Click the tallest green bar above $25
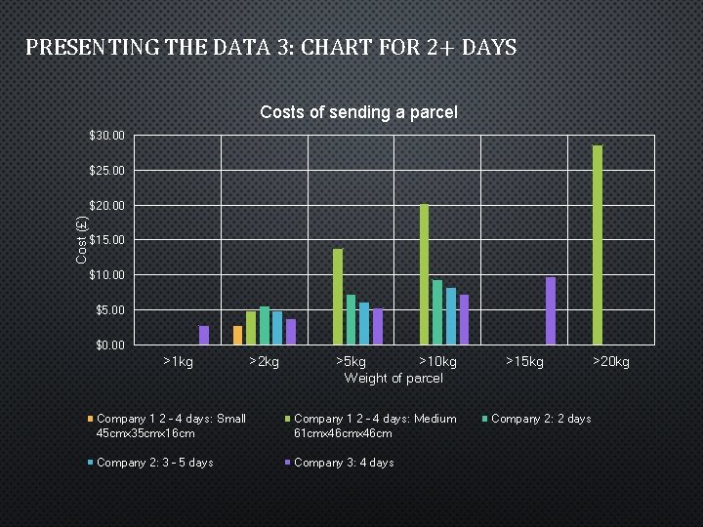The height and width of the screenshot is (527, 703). pyautogui.click(x=597, y=244)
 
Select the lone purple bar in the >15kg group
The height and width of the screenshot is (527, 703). pyautogui.click(x=551, y=310)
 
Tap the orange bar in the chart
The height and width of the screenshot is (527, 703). pyautogui.click(x=237, y=335)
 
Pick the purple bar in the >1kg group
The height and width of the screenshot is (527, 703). pyautogui.click(x=204, y=335)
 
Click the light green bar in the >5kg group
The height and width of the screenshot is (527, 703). pyautogui.click(x=338, y=297)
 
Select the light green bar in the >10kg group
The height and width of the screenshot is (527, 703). pyautogui.click(x=424, y=274)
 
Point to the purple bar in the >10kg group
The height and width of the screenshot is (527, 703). pyautogui.click(x=465, y=319)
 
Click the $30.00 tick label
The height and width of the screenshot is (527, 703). pyautogui.click(x=106, y=136)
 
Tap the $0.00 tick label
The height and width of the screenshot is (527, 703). pyautogui.click(x=109, y=345)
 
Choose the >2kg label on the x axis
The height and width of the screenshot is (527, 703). pyautogui.click(x=264, y=362)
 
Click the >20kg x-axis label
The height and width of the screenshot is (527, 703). pyautogui.click(x=612, y=362)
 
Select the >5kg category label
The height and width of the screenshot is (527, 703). pyautogui.click(x=351, y=362)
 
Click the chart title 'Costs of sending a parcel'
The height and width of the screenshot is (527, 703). pyautogui.click(x=358, y=112)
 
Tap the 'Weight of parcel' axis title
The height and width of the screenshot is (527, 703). pyautogui.click(x=393, y=378)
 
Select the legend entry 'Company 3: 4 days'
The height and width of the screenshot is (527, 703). pyautogui.click(x=343, y=463)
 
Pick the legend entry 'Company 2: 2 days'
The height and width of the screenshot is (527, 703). pyautogui.click(x=540, y=419)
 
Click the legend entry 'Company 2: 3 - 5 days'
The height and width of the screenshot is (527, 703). pyautogui.click(x=154, y=463)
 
